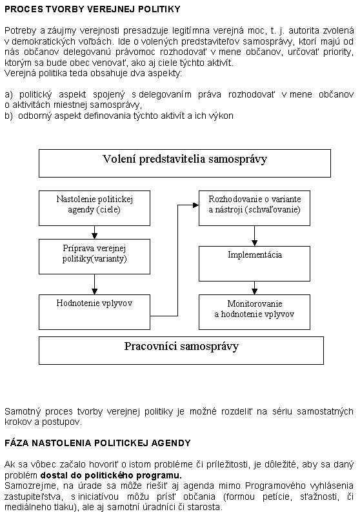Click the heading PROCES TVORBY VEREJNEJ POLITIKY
92,9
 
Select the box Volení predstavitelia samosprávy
185,163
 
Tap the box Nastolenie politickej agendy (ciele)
94,209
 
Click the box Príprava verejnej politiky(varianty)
94,257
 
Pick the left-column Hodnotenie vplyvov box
94,312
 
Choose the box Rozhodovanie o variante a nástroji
254,209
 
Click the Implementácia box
254,264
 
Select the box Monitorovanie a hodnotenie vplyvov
254,312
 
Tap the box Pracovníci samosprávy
181,351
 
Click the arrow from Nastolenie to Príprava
94,232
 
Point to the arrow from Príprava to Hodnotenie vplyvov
94,284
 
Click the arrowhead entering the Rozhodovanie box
196,205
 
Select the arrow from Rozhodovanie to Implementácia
254,236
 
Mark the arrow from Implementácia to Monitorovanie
254,288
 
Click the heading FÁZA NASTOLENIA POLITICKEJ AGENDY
97,443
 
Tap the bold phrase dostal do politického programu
111,475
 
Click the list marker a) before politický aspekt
8,95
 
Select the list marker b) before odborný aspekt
8,116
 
